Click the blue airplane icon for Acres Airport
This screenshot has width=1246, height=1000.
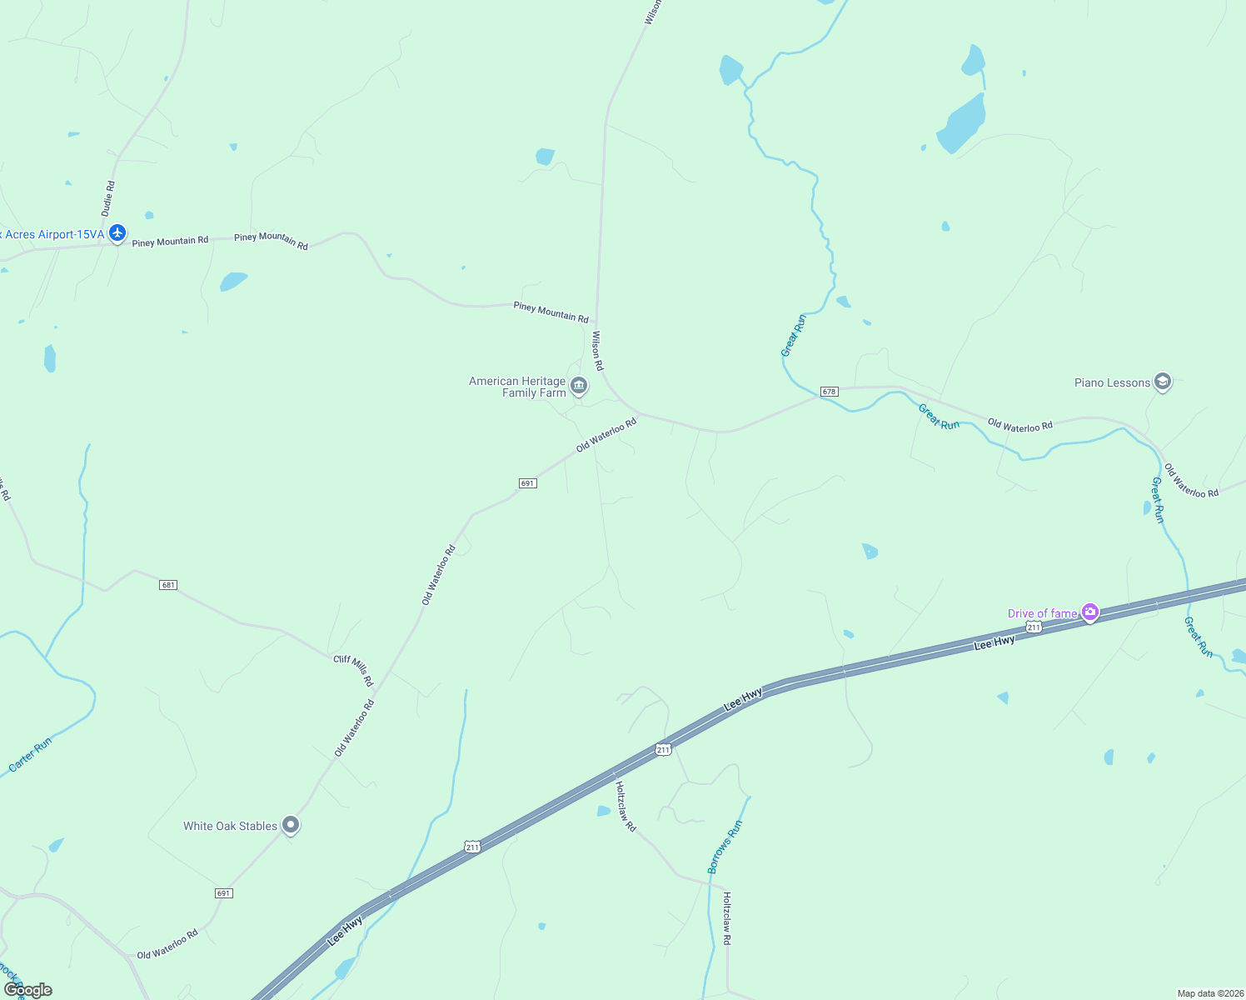pos(117,233)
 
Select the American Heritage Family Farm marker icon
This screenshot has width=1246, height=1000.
pos(579,387)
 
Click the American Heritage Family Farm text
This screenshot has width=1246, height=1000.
pos(517,387)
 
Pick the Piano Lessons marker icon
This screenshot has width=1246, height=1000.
pos(1163,382)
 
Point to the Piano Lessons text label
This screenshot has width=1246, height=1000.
pos(1112,382)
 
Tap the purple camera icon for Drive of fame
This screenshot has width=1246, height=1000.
pos(1090,613)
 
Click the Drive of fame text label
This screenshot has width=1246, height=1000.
pos(1042,613)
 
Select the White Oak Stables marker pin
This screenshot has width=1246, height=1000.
pos(291,825)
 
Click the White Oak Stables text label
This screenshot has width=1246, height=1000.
pos(230,826)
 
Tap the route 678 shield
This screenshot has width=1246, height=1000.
pos(828,391)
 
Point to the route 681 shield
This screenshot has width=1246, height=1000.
pos(168,585)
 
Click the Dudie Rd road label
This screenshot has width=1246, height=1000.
pos(108,198)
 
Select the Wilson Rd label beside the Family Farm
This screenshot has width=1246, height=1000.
pos(597,350)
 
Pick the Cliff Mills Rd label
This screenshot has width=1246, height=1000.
pos(353,671)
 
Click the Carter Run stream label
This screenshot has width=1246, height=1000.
pos(30,754)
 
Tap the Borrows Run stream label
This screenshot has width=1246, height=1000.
pos(725,847)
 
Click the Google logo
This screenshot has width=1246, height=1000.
pos(27,989)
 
